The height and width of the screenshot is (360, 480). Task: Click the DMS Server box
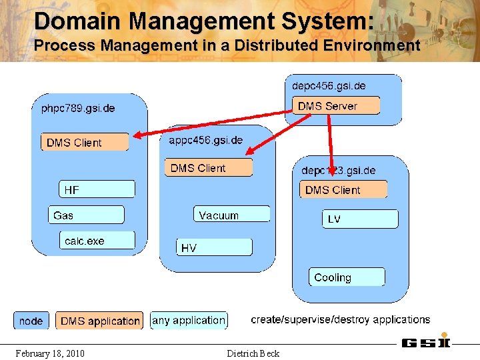(x=336, y=106)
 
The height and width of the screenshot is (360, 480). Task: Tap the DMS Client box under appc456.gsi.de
(x=208, y=168)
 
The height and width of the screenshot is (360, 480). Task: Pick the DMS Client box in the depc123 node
(x=343, y=190)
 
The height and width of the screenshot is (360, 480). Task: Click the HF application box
(x=97, y=190)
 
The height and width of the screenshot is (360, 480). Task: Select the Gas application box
(x=86, y=215)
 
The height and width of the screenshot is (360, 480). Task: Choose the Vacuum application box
(x=232, y=215)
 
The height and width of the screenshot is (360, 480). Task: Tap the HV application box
(x=214, y=247)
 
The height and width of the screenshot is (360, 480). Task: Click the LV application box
(x=360, y=219)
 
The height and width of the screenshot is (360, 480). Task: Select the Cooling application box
(x=347, y=277)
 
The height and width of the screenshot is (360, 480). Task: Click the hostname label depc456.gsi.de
(x=329, y=86)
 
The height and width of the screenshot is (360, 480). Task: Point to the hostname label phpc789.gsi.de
(x=78, y=108)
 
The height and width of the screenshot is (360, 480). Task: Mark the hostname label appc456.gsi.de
(x=206, y=140)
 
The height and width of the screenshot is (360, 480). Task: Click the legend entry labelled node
(x=31, y=321)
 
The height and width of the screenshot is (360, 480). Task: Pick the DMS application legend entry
(x=99, y=321)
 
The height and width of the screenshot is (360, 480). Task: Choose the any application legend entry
(x=189, y=321)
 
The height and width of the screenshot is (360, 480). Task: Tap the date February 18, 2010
(x=50, y=353)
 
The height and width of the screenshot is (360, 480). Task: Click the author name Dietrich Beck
(x=253, y=353)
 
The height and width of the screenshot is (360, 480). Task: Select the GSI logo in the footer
(x=425, y=343)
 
